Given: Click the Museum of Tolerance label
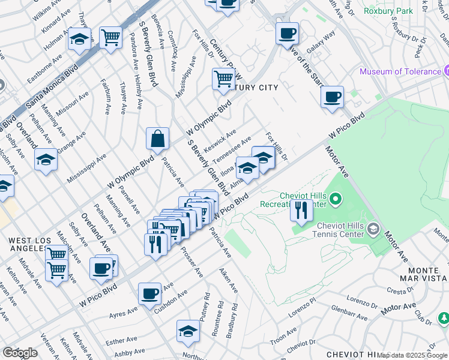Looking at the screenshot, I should pyautogui.click(x=400, y=72).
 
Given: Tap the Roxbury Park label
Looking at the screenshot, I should pyautogui.click(x=388, y=11).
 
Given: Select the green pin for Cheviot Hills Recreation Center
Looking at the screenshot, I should pyautogui.click(x=336, y=198).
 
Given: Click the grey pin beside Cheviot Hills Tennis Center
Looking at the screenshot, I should pyautogui.click(x=373, y=229).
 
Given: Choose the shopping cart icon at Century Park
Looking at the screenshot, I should pyautogui.click(x=223, y=79).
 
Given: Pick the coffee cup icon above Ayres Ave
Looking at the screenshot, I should pyautogui.click(x=149, y=294).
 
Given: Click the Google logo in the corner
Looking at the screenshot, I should pyautogui.click(x=20, y=353).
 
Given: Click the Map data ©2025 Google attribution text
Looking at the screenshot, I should pyautogui.click(x=412, y=355).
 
